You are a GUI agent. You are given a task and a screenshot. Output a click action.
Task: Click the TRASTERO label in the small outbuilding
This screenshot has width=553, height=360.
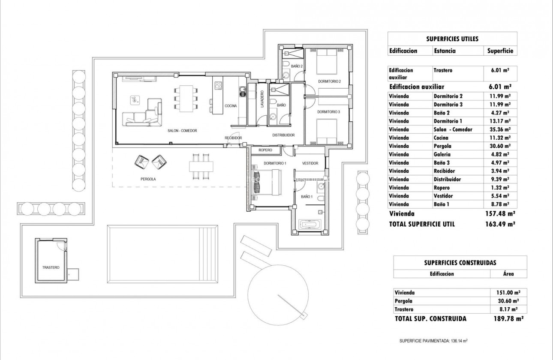coord(51,267)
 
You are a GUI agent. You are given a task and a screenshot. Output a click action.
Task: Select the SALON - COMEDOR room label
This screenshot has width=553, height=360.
coord(182,131)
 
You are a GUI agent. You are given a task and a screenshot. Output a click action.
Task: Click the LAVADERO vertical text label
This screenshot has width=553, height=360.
coord(261,105)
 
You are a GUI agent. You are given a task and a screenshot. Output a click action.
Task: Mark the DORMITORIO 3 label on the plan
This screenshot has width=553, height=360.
coord(328,112)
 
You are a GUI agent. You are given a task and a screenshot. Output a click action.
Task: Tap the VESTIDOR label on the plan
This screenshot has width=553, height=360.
coord(310,163)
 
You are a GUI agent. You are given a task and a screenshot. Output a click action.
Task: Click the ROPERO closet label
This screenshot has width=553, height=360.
coord(265,150)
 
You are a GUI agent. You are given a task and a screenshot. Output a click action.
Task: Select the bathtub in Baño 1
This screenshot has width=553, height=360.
coord(309,224)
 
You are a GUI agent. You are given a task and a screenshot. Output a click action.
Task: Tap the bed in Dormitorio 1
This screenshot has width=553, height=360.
coord(267,182)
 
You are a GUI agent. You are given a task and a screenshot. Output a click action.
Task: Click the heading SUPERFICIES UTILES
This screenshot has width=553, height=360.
coord(452,39)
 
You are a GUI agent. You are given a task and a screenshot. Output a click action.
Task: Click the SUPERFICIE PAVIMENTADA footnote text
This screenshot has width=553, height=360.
coord(433,341)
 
